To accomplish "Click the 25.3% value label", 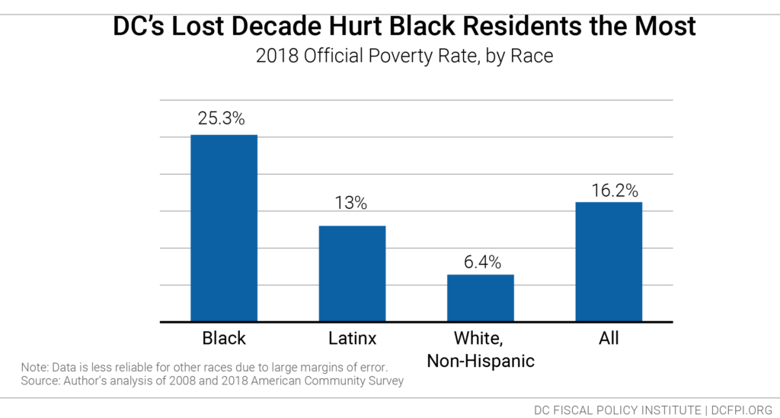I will [223, 120].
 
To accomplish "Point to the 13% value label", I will [351, 203].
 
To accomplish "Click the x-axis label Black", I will [224, 337].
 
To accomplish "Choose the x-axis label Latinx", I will [352, 337].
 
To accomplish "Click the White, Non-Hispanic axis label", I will [480, 349].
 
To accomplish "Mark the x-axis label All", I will [609, 337].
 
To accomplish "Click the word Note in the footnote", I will [34, 367].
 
